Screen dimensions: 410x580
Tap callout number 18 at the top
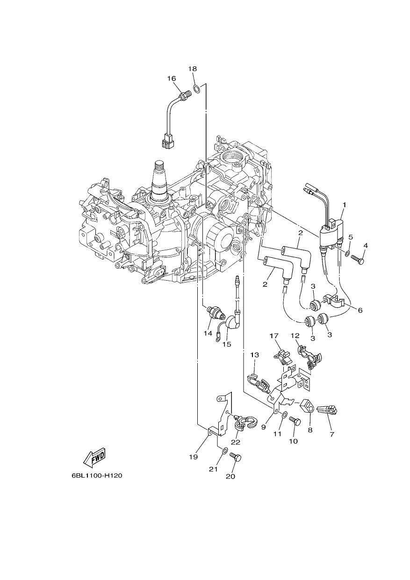tap(192, 69)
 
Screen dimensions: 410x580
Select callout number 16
tap(172, 78)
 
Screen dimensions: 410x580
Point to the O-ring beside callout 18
tap(196, 89)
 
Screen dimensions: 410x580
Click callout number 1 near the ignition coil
tap(345, 205)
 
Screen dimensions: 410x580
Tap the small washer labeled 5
tap(348, 252)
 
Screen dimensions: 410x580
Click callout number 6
tap(360, 310)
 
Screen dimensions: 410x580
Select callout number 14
tap(208, 333)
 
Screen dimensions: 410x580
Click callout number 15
tap(227, 344)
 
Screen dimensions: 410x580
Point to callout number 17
tap(274, 336)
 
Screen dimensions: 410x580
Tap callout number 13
tap(254, 355)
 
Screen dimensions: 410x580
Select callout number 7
tap(332, 434)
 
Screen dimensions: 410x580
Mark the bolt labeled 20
tap(235, 458)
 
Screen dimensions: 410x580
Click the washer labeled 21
tap(225, 450)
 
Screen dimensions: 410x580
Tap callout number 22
tap(236, 442)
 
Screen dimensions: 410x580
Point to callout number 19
tap(194, 457)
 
